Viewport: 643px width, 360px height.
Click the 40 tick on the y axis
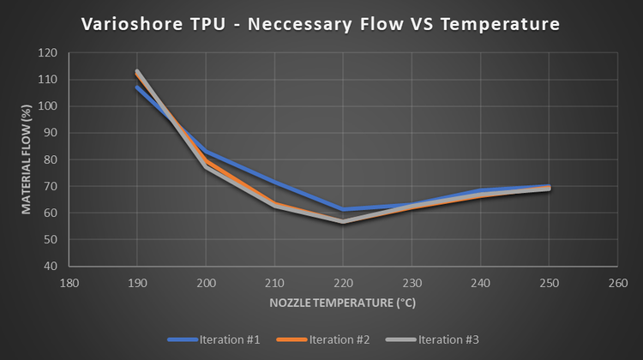(50, 266)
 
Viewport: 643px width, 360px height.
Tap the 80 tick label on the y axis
(50, 159)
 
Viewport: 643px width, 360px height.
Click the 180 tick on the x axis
(69, 281)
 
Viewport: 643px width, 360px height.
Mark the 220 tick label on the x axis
(343, 281)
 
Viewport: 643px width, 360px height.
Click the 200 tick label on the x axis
(206, 281)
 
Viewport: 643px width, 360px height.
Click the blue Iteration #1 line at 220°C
(343, 209)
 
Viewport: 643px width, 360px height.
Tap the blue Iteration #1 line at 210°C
(274, 182)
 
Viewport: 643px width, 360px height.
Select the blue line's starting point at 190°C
(137, 87)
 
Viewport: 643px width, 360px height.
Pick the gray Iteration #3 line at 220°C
(343, 221)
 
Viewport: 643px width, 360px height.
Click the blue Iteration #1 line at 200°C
(206, 151)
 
